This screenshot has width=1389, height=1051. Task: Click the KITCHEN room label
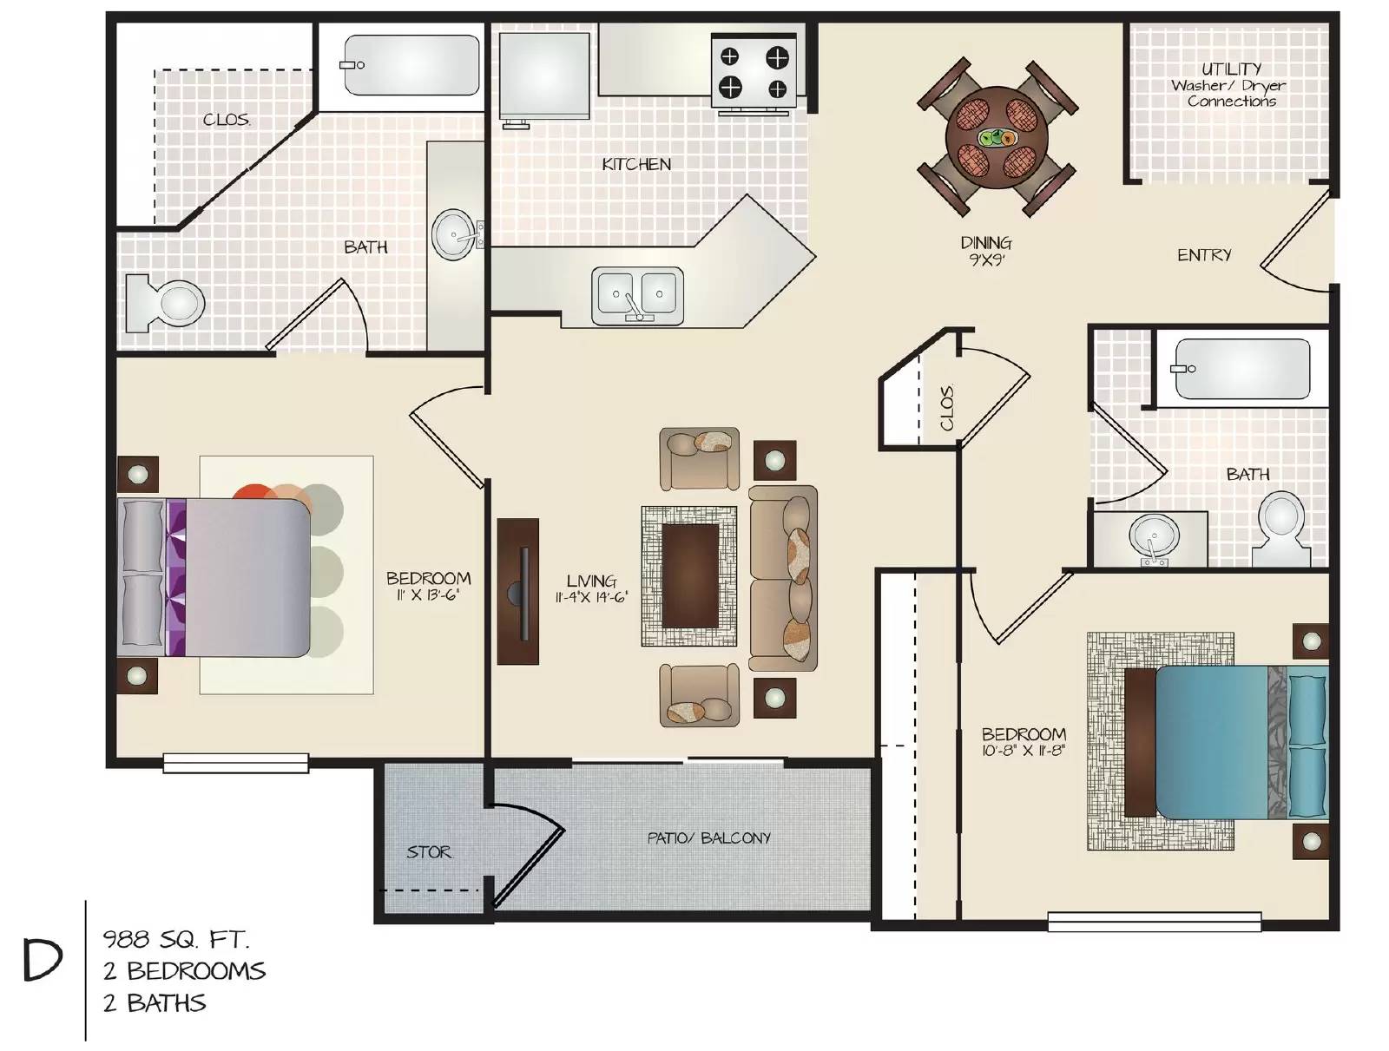pyautogui.click(x=636, y=164)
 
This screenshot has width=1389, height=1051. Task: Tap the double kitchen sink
pyautogui.click(x=637, y=294)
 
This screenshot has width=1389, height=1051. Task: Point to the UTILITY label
pyautogui.click(x=1231, y=69)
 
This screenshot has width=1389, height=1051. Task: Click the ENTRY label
pyautogui.click(x=1203, y=255)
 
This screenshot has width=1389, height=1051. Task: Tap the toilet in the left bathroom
pyautogui.click(x=165, y=303)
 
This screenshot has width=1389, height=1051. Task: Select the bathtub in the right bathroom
pyautogui.click(x=1242, y=369)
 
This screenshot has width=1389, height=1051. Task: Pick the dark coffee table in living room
pyautogui.click(x=690, y=575)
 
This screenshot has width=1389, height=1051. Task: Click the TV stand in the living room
pyautogui.click(x=517, y=591)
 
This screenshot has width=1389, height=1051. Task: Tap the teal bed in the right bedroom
pyautogui.click(x=1227, y=742)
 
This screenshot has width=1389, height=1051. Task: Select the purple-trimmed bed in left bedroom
pyautogui.click(x=214, y=577)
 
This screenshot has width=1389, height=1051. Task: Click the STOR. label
pyautogui.click(x=429, y=852)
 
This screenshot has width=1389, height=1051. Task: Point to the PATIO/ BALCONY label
pyautogui.click(x=708, y=838)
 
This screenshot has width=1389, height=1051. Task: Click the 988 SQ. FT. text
pyautogui.click(x=176, y=940)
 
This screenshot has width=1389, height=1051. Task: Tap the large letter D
pyautogui.click(x=43, y=962)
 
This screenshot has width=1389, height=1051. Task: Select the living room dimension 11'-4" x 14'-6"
pyautogui.click(x=591, y=597)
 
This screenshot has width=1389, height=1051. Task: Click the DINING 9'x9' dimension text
pyautogui.click(x=986, y=251)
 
